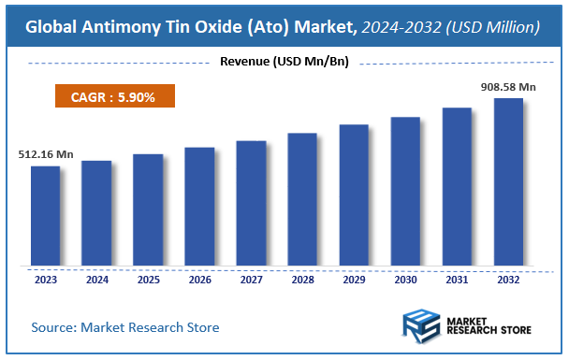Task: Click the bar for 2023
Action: [45, 216]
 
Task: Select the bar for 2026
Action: [199, 207]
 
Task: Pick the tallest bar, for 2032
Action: [508, 181]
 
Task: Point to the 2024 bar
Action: [96, 213]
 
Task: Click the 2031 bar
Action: [457, 186]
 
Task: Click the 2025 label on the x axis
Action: [148, 279]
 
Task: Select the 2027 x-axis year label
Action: [251, 279]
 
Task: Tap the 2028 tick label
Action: [302, 279]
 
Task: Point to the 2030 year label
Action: [405, 279]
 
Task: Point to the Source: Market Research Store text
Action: [125, 327]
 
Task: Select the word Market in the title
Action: [320, 28]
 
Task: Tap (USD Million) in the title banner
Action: [494, 28]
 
